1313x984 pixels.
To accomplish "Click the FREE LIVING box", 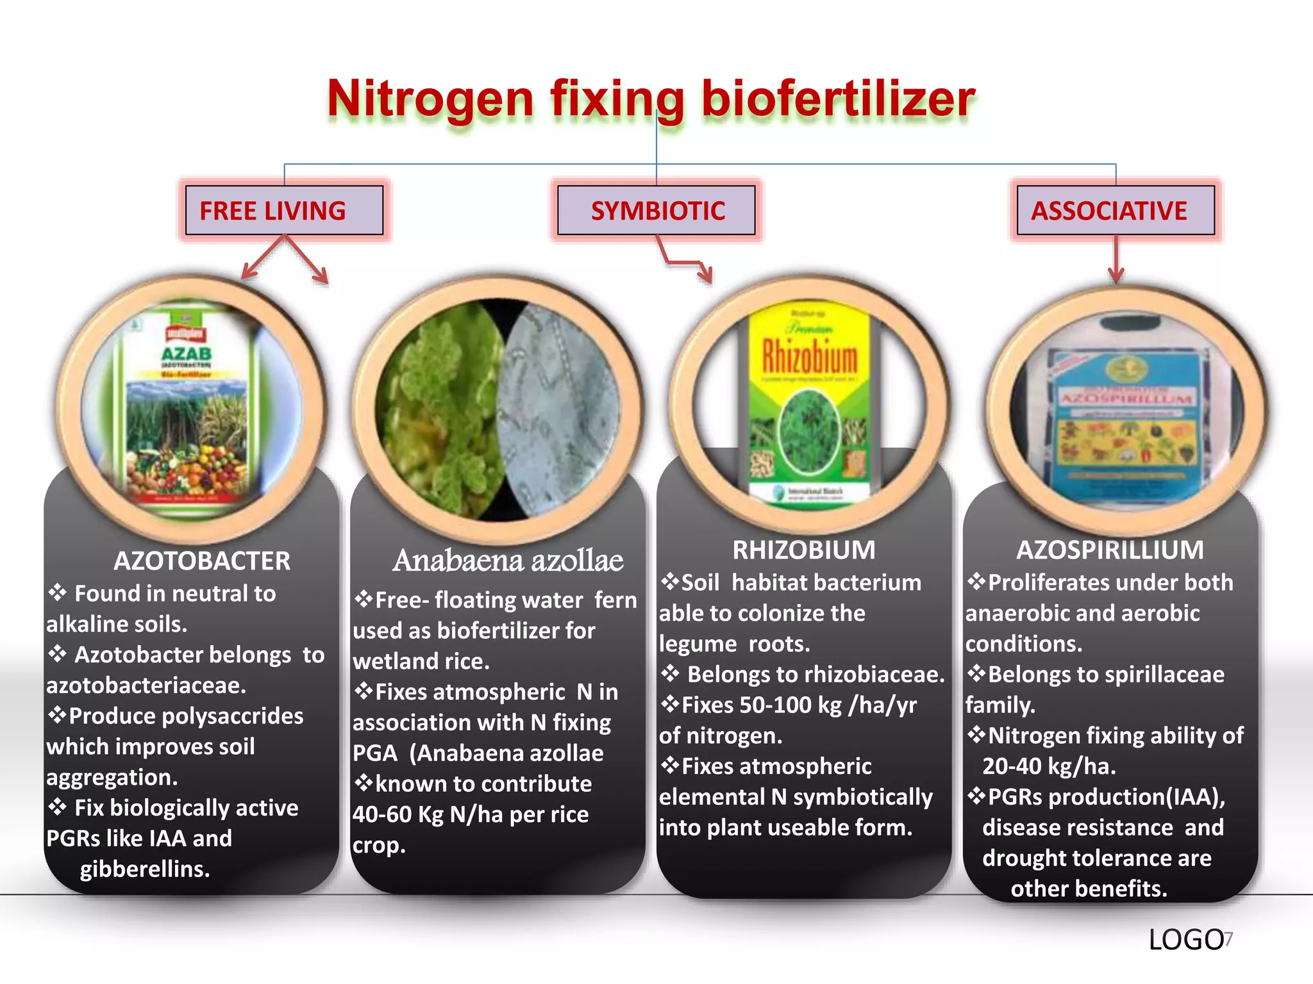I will point(284,211).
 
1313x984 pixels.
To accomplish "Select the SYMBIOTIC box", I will point(656,211).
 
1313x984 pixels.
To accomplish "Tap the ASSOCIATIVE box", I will point(1115,211).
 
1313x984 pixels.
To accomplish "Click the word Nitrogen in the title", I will point(430,99).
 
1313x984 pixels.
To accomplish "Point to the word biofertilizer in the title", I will point(838,99).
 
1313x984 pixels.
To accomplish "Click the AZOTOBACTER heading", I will point(202,561).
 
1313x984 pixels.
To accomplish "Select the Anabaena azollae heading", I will point(508,561).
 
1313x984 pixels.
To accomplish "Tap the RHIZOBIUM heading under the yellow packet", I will point(804,550).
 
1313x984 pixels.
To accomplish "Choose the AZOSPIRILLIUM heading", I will point(1110,550).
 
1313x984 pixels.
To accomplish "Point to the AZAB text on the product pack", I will point(186,354).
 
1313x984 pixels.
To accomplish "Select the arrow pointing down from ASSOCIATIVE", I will point(1116,259).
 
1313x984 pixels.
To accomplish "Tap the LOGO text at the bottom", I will point(1185,940).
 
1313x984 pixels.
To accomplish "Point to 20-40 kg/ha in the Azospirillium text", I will point(1049,766).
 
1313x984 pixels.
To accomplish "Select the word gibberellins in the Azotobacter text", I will point(145,869).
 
